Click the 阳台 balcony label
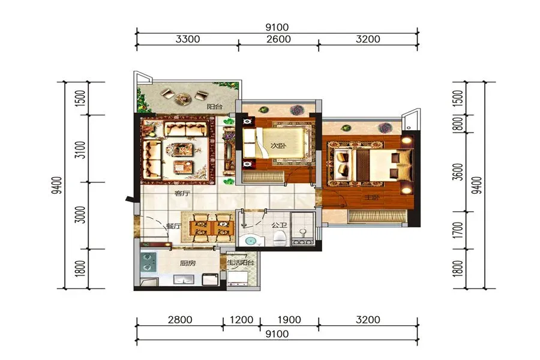(x=214, y=106)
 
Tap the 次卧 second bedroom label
(x=278, y=146)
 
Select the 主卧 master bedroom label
(x=372, y=197)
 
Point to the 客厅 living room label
(x=182, y=193)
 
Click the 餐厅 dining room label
(x=173, y=226)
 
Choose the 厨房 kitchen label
(x=188, y=263)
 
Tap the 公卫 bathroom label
(x=279, y=226)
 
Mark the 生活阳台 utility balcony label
(x=241, y=263)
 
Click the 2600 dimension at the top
(x=278, y=39)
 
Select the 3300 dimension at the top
(x=188, y=39)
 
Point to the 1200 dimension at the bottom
(x=241, y=320)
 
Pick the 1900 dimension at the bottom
(x=289, y=320)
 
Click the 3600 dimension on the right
(x=458, y=172)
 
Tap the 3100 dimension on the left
(x=80, y=149)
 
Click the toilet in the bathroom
(x=280, y=238)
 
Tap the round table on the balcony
(x=183, y=99)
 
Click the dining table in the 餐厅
(x=211, y=228)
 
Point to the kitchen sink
(x=184, y=280)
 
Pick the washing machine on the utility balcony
(x=238, y=278)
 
